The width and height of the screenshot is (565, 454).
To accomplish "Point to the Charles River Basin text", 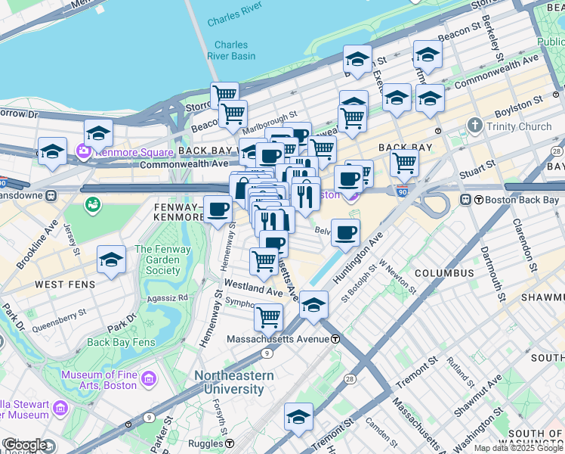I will [x=230, y=51].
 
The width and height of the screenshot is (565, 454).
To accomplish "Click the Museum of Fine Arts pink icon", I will [x=149, y=378].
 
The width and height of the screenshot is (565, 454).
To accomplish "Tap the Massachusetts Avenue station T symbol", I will [x=334, y=339].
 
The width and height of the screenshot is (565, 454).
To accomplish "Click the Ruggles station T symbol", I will [x=230, y=443].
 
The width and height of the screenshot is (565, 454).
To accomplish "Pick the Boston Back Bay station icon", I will [x=467, y=200].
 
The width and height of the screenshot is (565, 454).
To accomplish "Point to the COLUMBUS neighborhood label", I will [x=443, y=272].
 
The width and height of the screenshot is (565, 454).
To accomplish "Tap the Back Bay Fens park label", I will [x=121, y=342].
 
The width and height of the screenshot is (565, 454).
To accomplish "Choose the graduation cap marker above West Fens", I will [x=111, y=260].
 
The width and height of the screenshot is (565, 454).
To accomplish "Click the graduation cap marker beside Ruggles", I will [x=298, y=417].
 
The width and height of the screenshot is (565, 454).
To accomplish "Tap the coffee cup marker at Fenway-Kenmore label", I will [x=218, y=208].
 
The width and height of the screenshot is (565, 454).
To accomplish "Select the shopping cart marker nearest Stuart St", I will [x=405, y=161].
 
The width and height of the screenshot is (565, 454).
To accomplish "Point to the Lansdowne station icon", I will [x=51, y=195].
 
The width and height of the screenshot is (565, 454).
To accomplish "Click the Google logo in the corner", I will [x=25, y=445].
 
